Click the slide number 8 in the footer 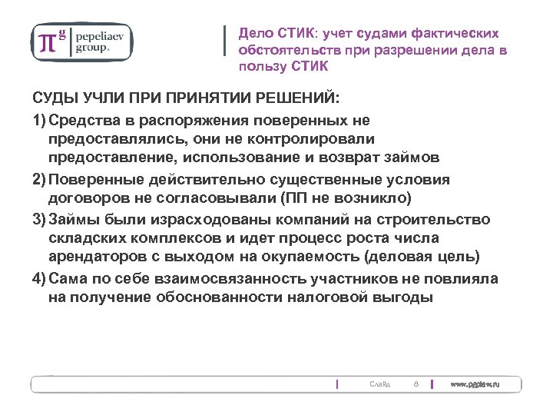(415, 383)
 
